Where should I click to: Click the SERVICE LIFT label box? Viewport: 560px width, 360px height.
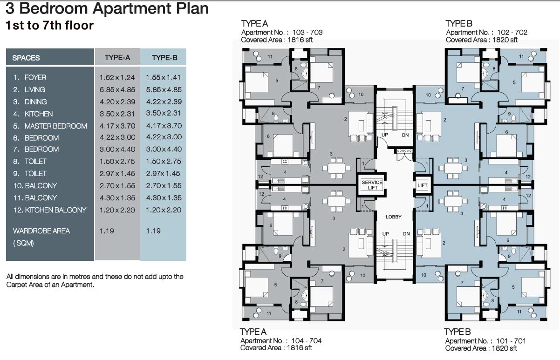tap(372, 185)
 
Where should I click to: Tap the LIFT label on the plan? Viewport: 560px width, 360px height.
tap(423, 185)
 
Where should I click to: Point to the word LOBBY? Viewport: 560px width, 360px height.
tap(394, 217)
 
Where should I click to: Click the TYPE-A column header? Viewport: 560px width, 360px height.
tap(117, 57)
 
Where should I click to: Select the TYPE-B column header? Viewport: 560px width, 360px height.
tap(164, 58)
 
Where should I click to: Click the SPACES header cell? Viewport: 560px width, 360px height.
tap(26, 58)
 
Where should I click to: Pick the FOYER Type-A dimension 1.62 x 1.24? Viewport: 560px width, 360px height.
tap(117, 77)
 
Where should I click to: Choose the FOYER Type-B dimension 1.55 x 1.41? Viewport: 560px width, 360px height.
tap(163, 77)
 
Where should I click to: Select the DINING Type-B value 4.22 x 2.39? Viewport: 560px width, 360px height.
tap(164, 102)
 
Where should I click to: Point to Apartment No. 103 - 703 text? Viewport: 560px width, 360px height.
tap(282, 33)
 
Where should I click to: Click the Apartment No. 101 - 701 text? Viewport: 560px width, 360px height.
tap(485, 341)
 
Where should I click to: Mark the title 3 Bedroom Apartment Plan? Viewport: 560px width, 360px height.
tap(107, 8)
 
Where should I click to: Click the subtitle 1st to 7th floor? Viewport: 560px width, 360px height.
tap(49, 25)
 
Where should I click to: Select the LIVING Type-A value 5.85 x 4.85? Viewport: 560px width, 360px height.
tap(117, 90)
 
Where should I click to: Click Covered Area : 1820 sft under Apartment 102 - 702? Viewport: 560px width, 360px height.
tap(482, 40)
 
